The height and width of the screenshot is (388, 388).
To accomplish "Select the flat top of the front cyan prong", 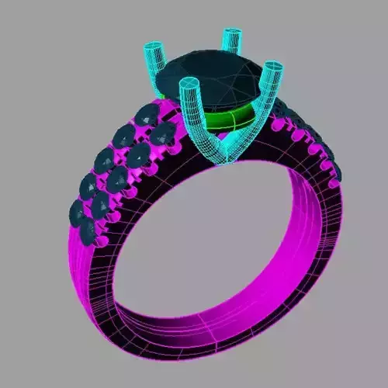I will coord(189,83).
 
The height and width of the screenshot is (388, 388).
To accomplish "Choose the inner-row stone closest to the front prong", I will coord(164,135).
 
